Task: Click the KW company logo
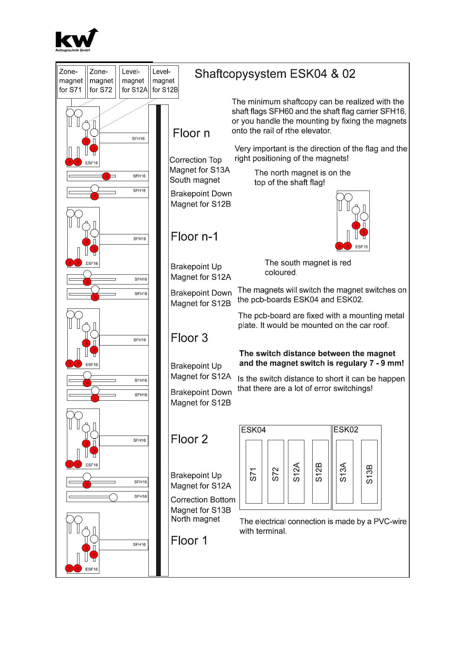click(x=77, y=40)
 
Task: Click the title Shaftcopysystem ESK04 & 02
click(x=275, y=74)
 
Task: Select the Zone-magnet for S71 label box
click(x=71, y=81)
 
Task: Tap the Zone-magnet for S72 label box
click(x=101, y=81)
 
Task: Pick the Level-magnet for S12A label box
click(x=134, y=81)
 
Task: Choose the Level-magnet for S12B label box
click(x=164, y=81)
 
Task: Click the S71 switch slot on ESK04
click(x=254, y=472)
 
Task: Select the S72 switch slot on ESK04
click(x=275, y=472)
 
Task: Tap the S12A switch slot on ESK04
click(x=296, y=472)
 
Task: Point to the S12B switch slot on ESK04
click(x=320, y=472)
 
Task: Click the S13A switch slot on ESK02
click(x=344, y=472)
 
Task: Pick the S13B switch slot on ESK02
click(x=369, y=472)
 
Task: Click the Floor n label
click(x=191, y=133)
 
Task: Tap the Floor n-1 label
click(x=194, y=237)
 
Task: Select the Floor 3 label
click(x=189, y=338)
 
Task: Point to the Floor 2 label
click(x=189, y=439)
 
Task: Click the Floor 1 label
click(x=189, y=541)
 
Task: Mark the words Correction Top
click(x=196, y=160)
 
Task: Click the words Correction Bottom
click(x=203, y=500)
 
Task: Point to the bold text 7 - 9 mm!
click(x=386, y=363)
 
